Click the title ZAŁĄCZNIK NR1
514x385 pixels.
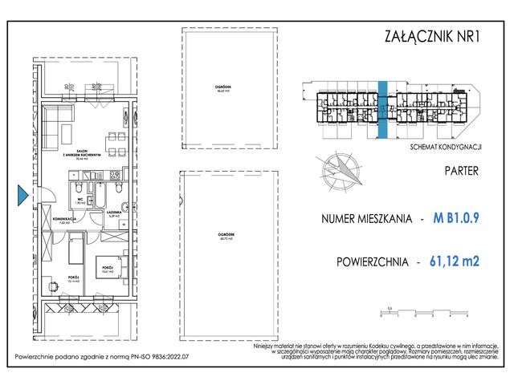pyautogui.click(x=430, y=36)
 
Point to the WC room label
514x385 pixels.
pyautogui.click(x=81, y=201)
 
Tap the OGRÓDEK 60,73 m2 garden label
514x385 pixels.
pyautogui.click(x=225, y=237)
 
